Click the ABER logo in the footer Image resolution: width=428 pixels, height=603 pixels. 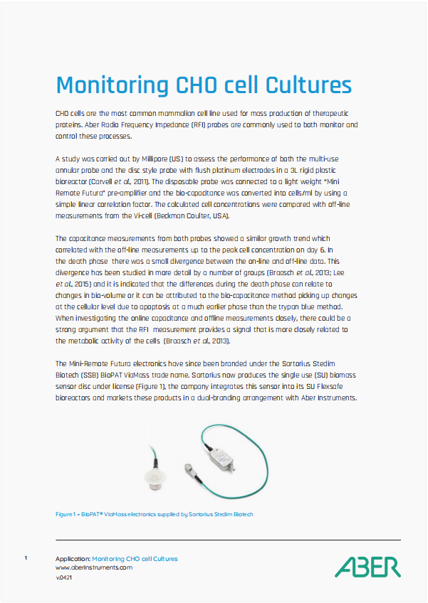coord(367,567)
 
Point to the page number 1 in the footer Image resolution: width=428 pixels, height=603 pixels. coord(26,558)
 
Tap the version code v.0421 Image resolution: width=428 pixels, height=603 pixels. coord(64,577)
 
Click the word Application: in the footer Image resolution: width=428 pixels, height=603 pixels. coord(73,559)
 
